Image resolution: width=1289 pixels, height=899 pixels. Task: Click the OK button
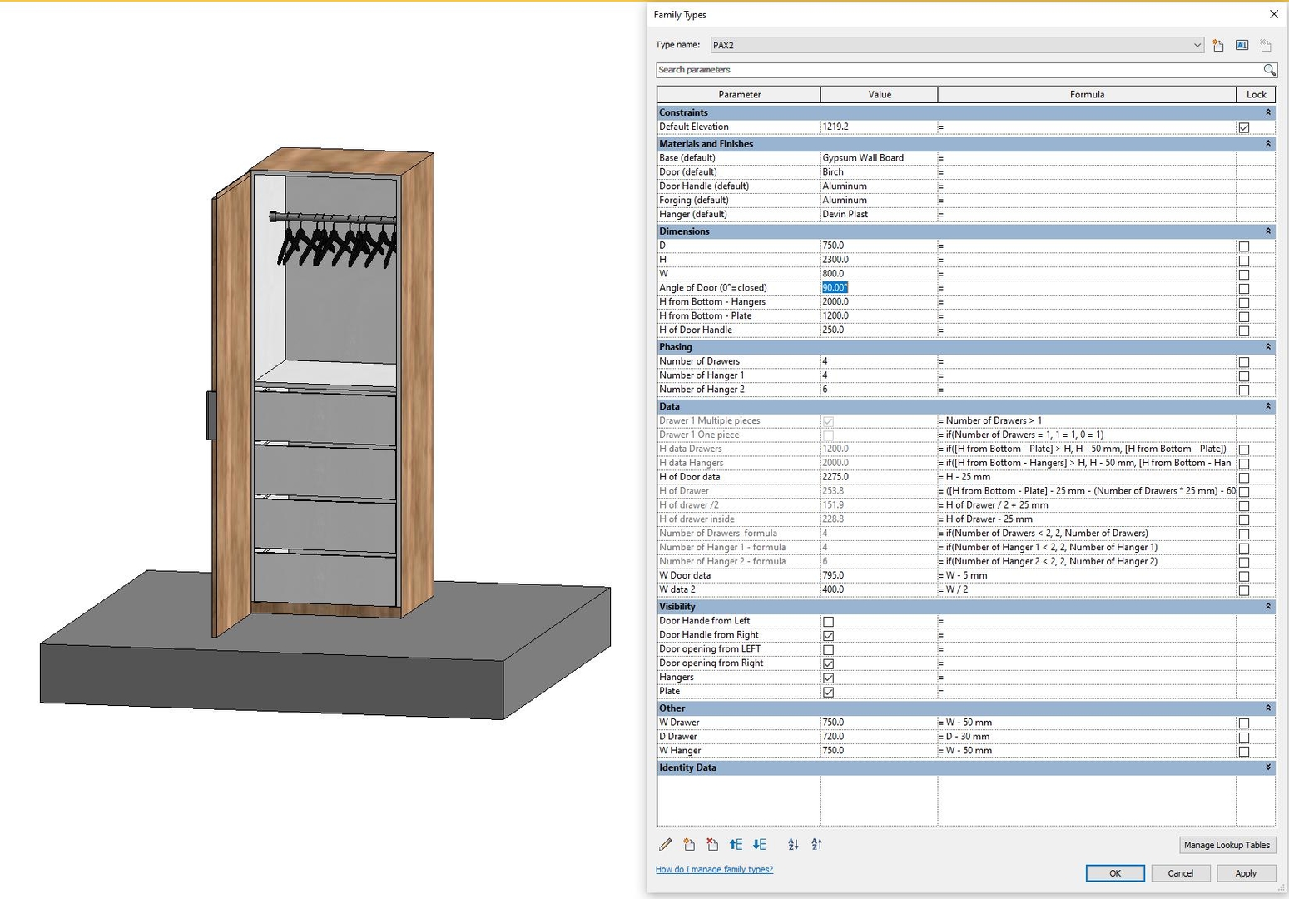tap(1114, 873)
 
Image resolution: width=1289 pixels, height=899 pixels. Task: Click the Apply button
tap(1245, 873)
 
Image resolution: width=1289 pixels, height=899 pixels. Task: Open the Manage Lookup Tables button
tap(1227, 845)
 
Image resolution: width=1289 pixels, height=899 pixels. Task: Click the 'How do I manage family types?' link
tap(714, 869)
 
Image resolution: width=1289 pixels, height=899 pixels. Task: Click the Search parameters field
tap(957, 70)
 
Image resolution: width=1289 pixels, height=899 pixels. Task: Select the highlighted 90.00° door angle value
tap(835, 288)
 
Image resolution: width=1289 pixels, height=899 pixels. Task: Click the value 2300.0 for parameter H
tap(835, 260)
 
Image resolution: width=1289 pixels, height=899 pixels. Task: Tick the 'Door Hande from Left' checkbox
tap(828, 622)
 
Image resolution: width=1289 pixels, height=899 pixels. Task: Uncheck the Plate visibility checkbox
tap(828, 692)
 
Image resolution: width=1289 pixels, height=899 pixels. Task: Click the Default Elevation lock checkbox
tap(1243, 127)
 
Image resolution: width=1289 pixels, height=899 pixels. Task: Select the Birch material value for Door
tap(833, 172)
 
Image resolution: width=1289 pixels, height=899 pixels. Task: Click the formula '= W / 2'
tap(956, 589)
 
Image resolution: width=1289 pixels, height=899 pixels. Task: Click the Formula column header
tap(1086, 95)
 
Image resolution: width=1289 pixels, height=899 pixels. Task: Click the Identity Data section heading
tap(687, 767)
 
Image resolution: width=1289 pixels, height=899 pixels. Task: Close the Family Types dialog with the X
tap(1273, 14)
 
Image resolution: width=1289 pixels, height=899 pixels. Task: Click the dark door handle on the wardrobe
tap(211, 415)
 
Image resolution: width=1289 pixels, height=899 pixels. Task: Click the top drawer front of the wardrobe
tap(325, 418)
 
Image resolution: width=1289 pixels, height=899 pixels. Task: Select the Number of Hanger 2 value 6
tap(825, 390)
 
